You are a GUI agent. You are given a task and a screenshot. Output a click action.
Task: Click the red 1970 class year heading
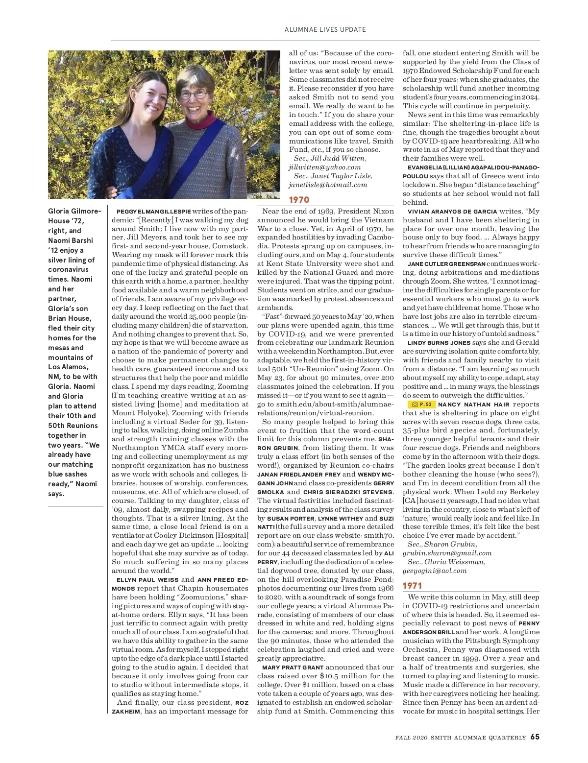299,200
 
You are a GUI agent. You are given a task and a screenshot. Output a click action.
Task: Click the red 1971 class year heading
412,586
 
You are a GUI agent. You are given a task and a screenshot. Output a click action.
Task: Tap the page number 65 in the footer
535,737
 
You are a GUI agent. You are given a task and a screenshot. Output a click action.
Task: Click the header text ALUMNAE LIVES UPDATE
325,29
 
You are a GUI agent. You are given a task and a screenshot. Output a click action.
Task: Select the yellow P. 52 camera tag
421,405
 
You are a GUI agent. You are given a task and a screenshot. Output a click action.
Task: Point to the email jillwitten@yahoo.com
324,167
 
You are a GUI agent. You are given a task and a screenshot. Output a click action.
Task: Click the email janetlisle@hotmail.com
328,185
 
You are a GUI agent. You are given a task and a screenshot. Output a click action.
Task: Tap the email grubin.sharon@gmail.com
447,553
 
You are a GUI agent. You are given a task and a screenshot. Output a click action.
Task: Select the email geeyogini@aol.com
435,571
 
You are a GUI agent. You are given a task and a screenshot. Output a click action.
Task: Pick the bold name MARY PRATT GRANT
293,668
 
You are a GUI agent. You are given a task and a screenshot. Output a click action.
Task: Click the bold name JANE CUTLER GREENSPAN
446,264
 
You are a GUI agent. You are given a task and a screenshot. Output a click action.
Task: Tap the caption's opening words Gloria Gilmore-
74,211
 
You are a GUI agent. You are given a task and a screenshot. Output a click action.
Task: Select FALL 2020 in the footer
412,738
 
